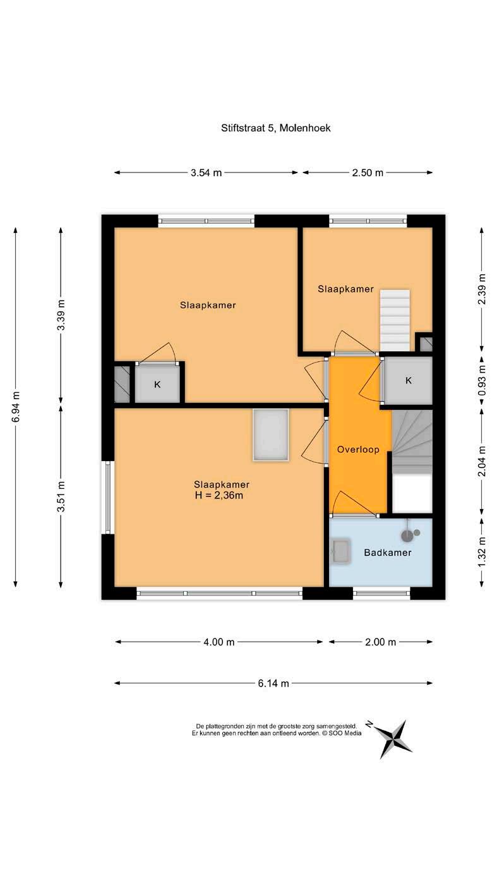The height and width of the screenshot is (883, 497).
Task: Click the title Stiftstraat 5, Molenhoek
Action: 275,128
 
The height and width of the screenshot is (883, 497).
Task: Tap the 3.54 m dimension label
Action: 206,172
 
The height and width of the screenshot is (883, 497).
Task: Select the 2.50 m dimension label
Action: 368,172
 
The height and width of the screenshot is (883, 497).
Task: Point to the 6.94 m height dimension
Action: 16,406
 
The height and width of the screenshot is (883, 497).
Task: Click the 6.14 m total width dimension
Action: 273,683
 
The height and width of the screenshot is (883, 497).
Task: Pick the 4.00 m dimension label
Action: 219,642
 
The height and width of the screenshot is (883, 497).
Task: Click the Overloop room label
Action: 358,449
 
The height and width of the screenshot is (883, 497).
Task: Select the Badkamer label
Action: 387,553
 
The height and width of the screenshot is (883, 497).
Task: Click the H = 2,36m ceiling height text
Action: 219,496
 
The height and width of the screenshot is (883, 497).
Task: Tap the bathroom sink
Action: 340,551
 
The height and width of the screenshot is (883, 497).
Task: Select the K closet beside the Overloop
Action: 409,380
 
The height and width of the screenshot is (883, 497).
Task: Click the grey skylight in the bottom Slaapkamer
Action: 271,435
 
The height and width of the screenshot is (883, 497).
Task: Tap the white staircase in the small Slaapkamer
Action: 395,320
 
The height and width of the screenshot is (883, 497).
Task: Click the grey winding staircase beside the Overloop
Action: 412,442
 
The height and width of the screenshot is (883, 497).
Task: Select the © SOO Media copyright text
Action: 342,733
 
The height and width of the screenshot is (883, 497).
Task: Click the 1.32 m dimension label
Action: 482,551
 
